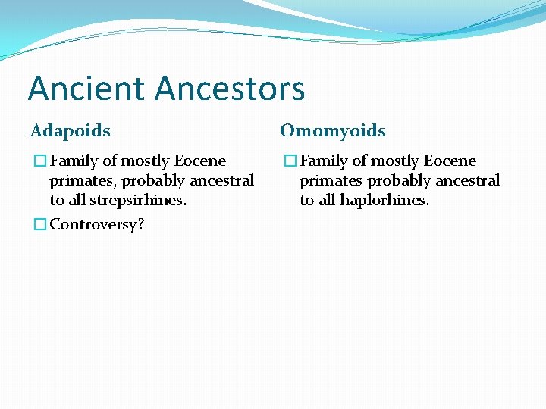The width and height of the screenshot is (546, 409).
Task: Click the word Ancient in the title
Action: (x=88, y=89)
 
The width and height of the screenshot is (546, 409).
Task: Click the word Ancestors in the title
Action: (x=231, y=89)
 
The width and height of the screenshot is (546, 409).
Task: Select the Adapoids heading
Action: (x=71, y=131)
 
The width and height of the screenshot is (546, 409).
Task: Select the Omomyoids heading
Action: (x=333, y=131)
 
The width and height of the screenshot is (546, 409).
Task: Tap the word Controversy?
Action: (x=97, y=225)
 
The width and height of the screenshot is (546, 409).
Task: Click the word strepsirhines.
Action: (x=137, y=201)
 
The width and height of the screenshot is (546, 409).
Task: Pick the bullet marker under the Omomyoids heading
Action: (x=290, y=161)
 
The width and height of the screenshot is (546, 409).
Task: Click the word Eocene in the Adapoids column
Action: (x=200, y=161)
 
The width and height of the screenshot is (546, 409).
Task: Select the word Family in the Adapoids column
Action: (x=73, y=161)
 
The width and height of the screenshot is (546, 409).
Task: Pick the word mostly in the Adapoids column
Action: (x=143, y=161)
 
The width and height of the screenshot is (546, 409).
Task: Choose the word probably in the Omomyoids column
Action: (x=397, y=181)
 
